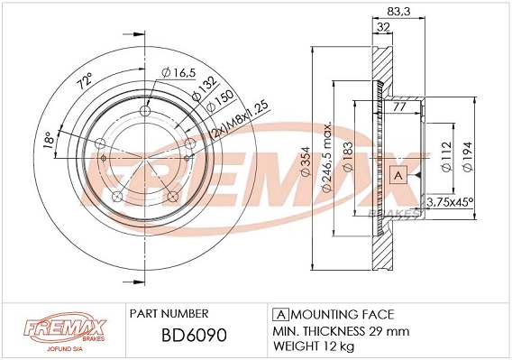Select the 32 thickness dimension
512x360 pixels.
[x=384, y=26]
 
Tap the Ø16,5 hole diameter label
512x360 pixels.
[x=178, y=72]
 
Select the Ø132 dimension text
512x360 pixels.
[x=206, y=86]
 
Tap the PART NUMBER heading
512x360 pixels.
[x=169, y=313]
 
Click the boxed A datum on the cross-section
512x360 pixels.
[x=397, y=174]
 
